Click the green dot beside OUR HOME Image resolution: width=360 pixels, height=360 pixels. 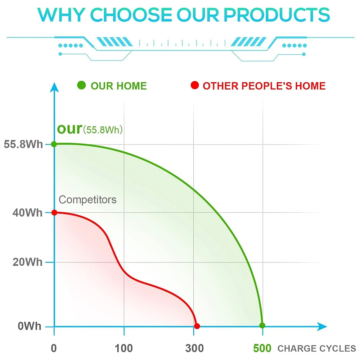point(82,86)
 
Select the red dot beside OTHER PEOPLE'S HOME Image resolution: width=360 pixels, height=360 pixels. point(195,86)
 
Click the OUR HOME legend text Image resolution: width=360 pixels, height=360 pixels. point(119,86)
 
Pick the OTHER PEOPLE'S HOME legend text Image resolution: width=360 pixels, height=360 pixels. point(264,86)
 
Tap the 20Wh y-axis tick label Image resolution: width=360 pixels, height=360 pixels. point(28,262)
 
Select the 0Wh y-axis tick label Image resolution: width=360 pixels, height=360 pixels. point(30,327)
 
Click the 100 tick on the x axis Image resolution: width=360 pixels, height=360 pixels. point(124,348)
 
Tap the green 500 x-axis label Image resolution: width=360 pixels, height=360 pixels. point(262,348)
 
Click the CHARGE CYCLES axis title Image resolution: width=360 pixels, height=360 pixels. point(316,348)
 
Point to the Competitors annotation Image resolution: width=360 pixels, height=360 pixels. point(87,199)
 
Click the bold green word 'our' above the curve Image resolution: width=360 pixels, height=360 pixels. point(69,129)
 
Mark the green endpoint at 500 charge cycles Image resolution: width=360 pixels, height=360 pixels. point(262,325)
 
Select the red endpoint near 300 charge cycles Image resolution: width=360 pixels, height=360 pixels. point(197,326)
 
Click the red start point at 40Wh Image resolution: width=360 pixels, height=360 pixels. point(54,212)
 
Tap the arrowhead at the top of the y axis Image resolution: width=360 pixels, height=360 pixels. point(54,86)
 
